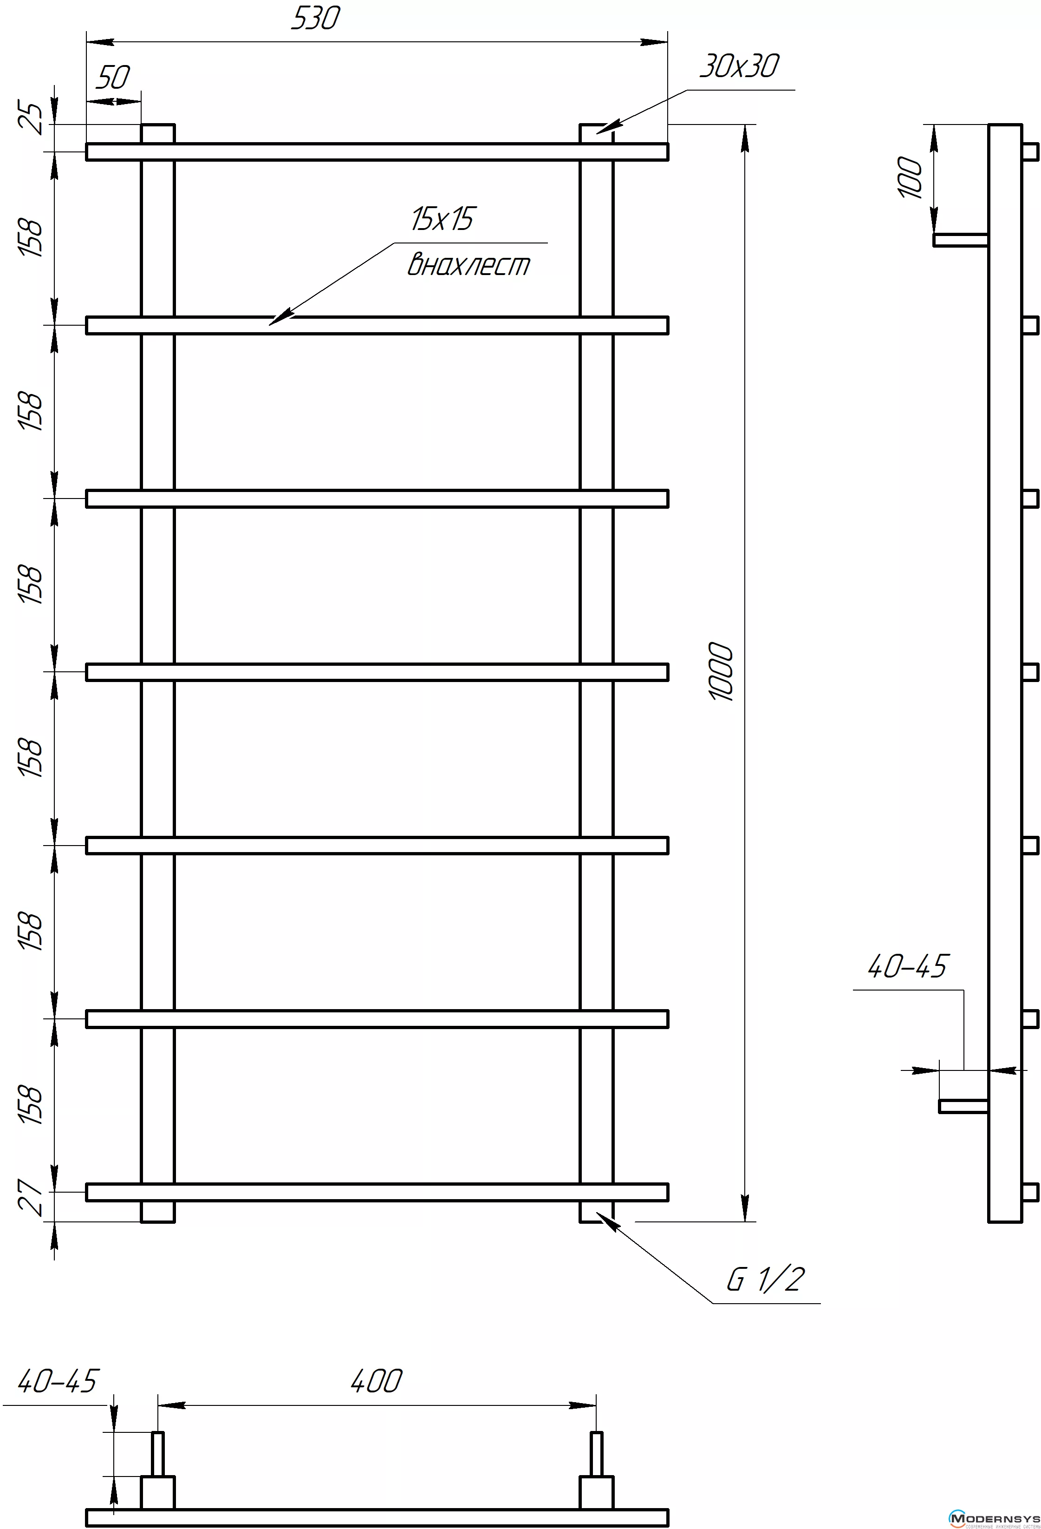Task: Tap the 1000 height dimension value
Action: [x=722, y=672]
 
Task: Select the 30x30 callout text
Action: [x=739, y=66]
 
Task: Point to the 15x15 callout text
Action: [x=442, y=219]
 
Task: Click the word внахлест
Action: [x=468, y=264]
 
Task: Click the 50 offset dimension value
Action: [x=113, y=78]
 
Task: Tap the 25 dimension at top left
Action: [x=31, y=118]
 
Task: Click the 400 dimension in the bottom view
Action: [x=376, y=1381]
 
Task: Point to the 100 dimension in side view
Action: [x=911, y=177]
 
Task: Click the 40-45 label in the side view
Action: [x=907, y=966]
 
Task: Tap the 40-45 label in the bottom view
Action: [x=57, y=1380]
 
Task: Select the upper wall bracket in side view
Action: [x=961, y=240]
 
